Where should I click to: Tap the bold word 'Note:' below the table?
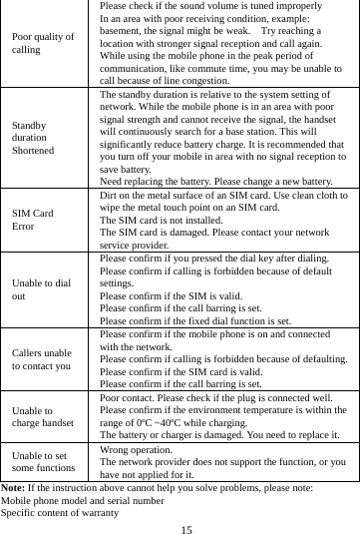[x=13, y=486]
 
